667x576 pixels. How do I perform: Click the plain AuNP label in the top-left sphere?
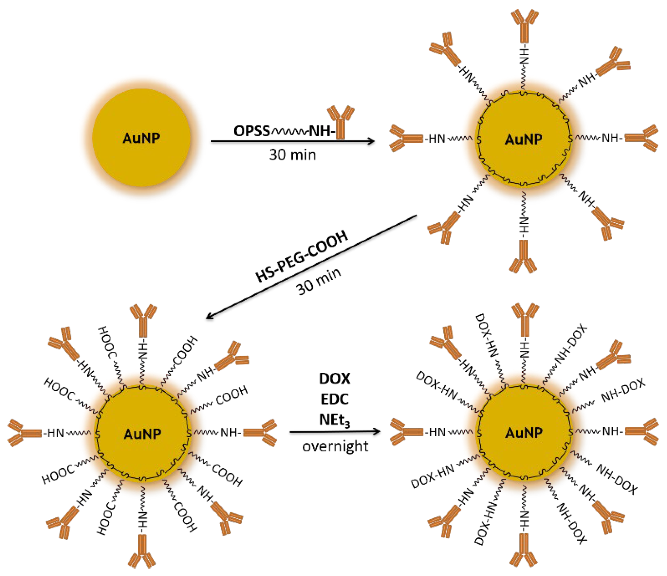(x=141, y=138)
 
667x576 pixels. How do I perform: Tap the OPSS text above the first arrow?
(x=251, y=131)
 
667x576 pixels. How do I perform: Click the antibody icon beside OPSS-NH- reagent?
(x=341, y=122)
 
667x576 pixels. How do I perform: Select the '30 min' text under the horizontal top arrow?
(x=292, y=155)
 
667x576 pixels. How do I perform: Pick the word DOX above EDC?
(x=334, y=379)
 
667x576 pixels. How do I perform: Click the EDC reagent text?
(x=334, y=399)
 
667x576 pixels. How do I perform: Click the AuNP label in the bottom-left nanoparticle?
(x=142, y=434)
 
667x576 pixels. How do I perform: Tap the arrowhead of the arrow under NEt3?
(x=377, y=431)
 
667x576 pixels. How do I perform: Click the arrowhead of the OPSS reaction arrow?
(x=371, y=141)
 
